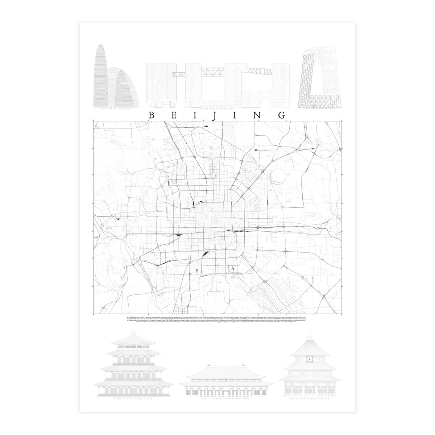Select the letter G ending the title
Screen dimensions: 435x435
(282, 115)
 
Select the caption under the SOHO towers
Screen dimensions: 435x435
(115, 109)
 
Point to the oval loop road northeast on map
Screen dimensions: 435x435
(279, 177)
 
